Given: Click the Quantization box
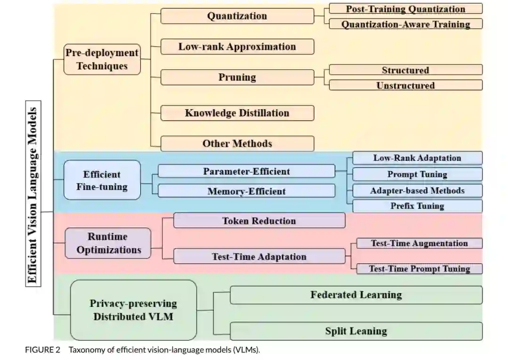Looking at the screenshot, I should (x=237, y=16).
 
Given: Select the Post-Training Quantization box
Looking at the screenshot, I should (x=405, y=9).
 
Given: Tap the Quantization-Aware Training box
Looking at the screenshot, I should (x=405, y=24).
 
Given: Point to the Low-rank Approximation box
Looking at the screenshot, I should (x=237, y=47).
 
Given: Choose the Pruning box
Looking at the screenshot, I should (x=237, y=77).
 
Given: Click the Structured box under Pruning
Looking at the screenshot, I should (x=405, y=70).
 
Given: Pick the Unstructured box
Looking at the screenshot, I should (x=405, y=85).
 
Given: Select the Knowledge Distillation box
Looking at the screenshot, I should (x=237, y=113).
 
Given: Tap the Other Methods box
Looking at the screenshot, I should (x=237, y=144).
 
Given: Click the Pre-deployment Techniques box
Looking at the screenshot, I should (x=102, y=59).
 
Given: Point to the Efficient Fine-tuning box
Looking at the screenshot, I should (x=102, y=180).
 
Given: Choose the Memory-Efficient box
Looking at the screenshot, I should (x=246, y=191).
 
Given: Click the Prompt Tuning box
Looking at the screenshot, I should (x=417, y=174).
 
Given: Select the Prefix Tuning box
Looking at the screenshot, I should (x=417, y=206).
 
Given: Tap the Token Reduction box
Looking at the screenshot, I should (x=259, y=221).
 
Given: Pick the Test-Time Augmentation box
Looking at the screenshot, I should (x=419, y=243).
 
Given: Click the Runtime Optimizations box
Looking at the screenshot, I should (x=109, y=243).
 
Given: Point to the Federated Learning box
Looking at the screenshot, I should (x=356, y=295).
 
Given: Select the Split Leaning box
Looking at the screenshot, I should (x=356, y=331).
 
